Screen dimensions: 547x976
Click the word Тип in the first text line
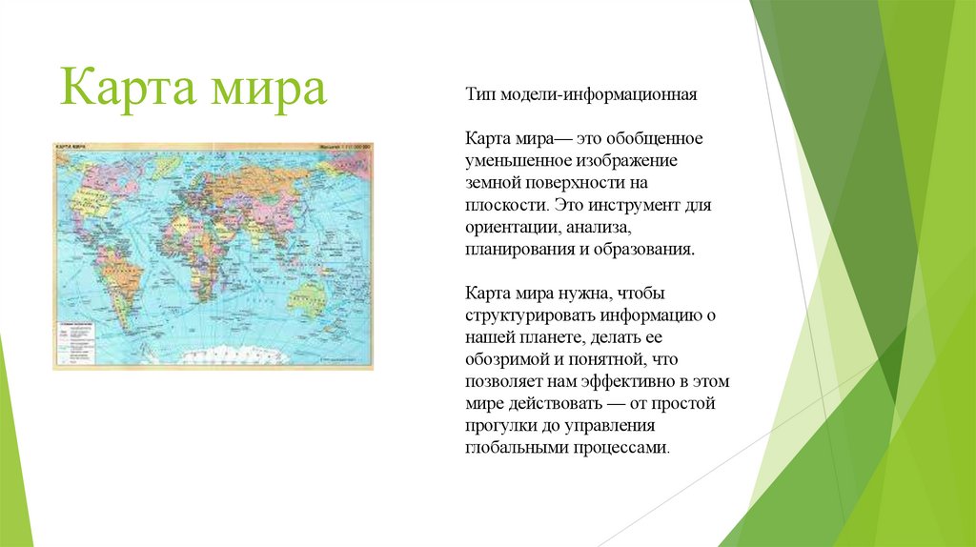pyautogui.click(x=478, y=95)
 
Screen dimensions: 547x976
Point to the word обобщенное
pyautogui.click(x=657, y=139)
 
